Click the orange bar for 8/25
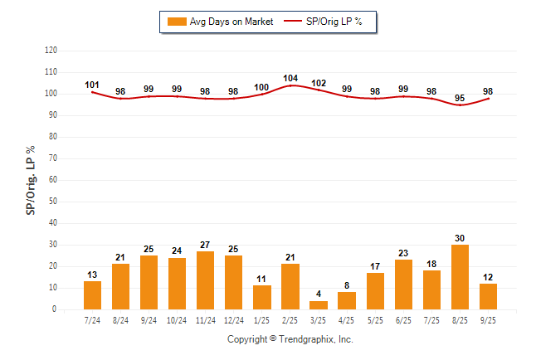pos(460,277)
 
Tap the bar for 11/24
pos(206,280)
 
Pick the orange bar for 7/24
pos(93,295)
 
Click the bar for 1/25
pos(262,297)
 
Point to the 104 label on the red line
pos(290,78)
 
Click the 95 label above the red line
pos(460,98)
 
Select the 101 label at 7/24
pos(93,85)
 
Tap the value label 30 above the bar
pos(460,238)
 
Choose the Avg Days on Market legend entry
pos(219,22)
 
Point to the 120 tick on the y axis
pos(51,51)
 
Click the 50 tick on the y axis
pos(52,202)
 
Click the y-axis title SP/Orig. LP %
pos(31,180)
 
